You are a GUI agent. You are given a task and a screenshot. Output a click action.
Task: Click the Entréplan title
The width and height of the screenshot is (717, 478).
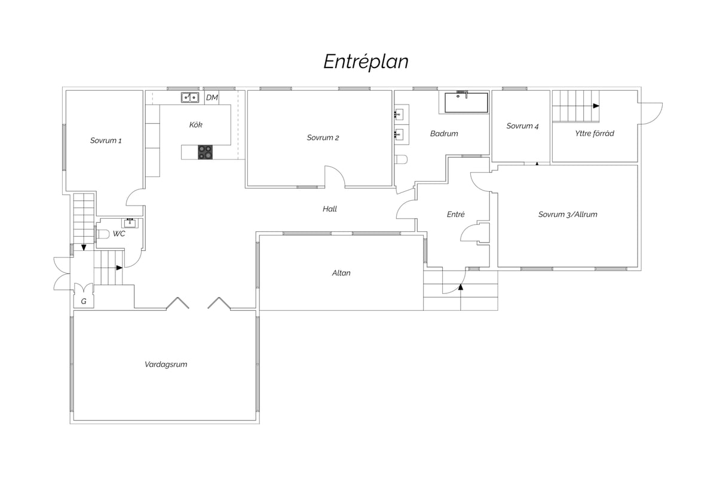click(x=366, y=62)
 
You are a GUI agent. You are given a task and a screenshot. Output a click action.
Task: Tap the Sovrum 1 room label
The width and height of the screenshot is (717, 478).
click(x=106, y=140)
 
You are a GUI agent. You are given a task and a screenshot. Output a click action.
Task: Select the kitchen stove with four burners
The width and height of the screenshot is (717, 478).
click(x=205, y=152)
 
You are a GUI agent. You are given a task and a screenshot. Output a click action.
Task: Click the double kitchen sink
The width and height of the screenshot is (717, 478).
click(x=190, y=97)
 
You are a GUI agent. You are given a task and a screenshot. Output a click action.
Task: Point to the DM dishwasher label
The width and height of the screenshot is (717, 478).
click(x=212, y=97)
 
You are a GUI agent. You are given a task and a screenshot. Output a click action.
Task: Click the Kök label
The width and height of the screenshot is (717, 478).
click(x=195, y=124)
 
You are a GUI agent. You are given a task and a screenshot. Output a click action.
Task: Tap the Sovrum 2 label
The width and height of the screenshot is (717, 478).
click(x=323, y=137)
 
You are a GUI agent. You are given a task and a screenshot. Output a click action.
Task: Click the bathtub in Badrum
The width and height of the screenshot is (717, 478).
click(x=467, y=103)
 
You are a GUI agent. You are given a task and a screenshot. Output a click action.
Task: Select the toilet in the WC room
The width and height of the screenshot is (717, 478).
click(x=102, y=234)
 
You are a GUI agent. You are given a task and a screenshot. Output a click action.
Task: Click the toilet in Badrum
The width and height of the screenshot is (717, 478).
click(x=401, y=160)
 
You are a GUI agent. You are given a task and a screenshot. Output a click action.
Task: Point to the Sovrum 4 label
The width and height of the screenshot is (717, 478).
click(x=522, y=126)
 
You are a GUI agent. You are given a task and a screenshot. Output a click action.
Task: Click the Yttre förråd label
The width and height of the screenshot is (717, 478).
click(x=595, y=133)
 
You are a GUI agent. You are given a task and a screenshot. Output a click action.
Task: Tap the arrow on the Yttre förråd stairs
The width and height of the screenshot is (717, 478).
click(x=596, y=106)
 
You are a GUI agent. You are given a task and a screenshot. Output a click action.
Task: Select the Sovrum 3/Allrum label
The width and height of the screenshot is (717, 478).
click(x=568, y=215)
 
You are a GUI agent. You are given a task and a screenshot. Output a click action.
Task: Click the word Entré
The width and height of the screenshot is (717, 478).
click(x=455, y=214)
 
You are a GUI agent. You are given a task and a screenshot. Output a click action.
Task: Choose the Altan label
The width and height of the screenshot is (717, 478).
click(x=341, y=273)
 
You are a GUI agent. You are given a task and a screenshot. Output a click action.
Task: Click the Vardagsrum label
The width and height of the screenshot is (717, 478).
click(x=166, y=364)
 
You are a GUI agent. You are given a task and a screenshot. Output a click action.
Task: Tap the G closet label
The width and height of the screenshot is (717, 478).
click(x=84, y=301)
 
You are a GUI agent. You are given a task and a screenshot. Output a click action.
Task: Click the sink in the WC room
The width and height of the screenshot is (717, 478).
click(x=130, y=223)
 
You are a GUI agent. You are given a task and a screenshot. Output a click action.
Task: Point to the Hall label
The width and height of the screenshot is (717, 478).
click(x=330, y=209)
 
